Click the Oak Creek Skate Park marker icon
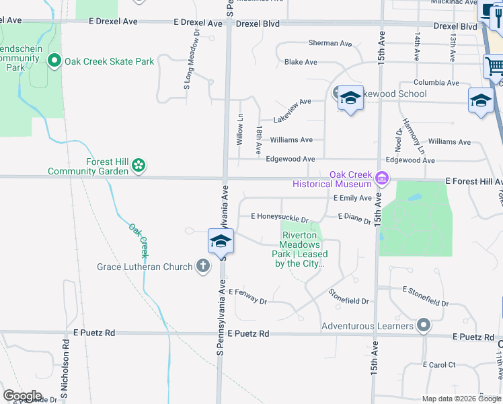55,61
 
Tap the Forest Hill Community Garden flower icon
138,165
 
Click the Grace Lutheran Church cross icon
203,267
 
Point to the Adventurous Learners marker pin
423,326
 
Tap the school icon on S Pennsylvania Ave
221,241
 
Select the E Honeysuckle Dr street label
279,217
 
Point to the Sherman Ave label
330,43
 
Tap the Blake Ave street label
301,62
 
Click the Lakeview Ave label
292,102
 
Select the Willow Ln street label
240,130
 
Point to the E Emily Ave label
352,198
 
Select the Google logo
23,396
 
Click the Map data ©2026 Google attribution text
461,399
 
